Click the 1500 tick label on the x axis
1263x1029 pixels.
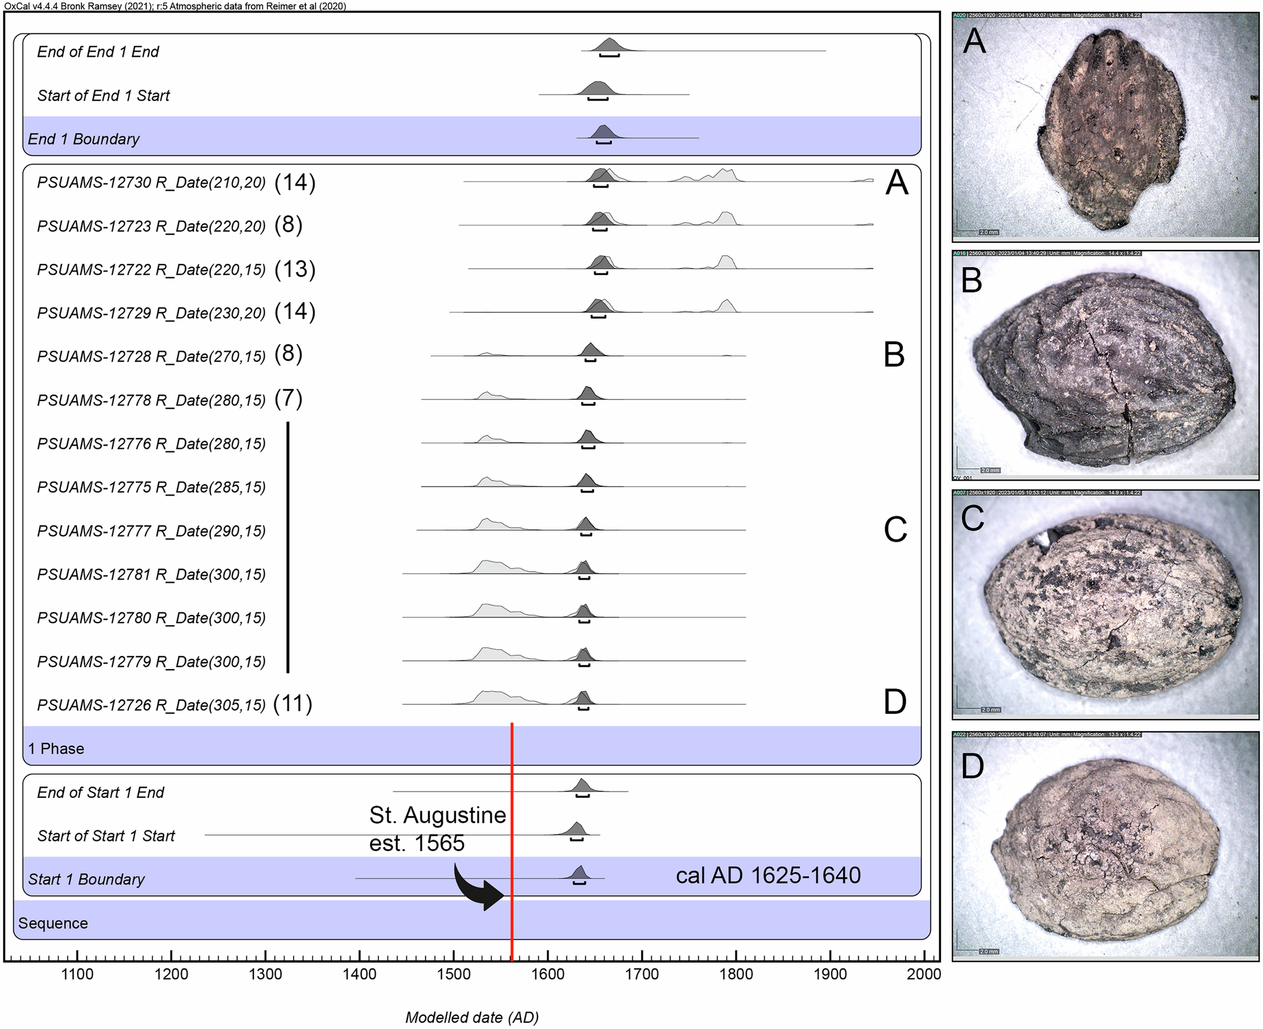coord(453,974)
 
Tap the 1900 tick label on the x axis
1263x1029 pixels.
coord(830,974)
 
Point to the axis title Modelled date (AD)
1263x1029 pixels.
coord(472,1017)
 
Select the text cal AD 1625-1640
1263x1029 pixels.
coord(768,876)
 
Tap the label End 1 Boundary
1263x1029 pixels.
coord(83,139)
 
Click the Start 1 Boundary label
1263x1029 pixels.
coord(87,879)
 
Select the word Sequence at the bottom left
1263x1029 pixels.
coord(53,923)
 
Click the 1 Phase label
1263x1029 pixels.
coord(56,749)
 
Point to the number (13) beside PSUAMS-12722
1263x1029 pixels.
coord(295,269)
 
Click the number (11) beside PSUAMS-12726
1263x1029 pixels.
coord(293,703)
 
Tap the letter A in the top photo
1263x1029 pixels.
coord(974,42)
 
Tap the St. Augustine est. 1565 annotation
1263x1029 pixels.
coord(437,829)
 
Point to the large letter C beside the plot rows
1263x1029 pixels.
coord(895,530)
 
